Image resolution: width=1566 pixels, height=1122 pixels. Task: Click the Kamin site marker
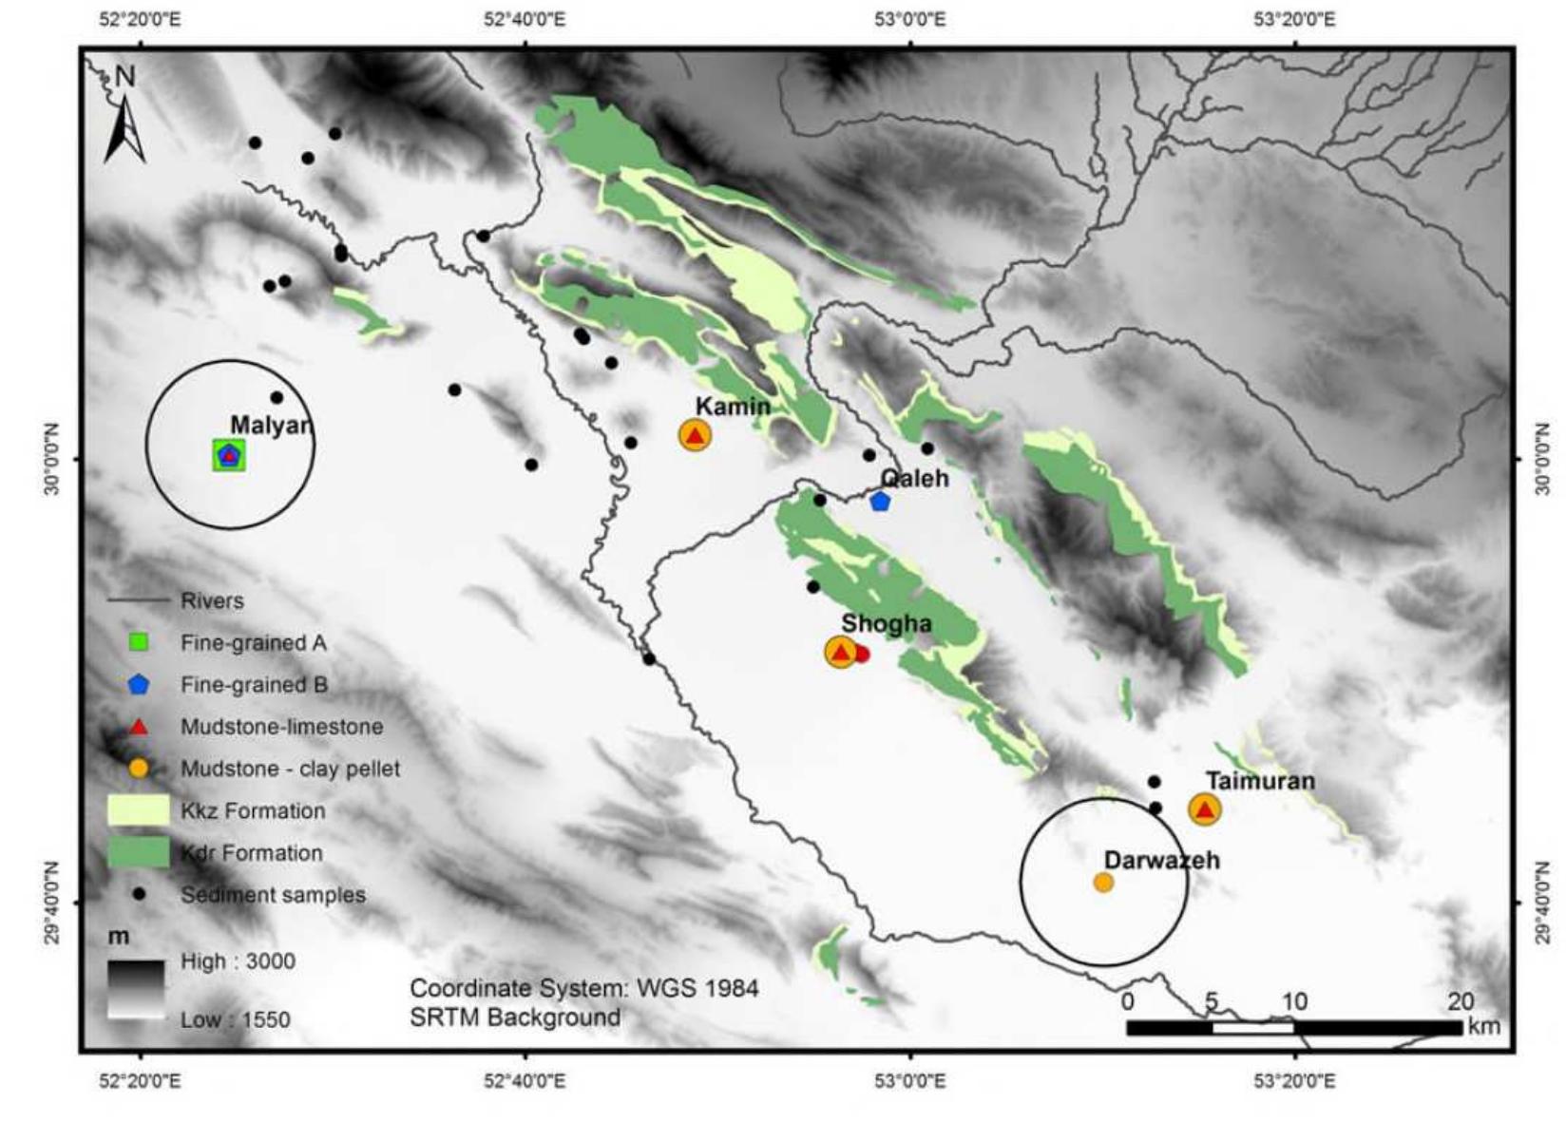696,435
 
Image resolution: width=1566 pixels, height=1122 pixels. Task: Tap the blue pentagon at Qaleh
880,501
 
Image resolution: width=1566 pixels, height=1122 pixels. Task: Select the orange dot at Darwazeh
1103,883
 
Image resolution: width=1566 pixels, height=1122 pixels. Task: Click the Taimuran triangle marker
1205,810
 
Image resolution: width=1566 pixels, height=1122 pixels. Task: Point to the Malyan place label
271,425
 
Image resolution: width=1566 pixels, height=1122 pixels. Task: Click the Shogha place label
886,623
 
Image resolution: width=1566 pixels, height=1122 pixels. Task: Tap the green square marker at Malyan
228,456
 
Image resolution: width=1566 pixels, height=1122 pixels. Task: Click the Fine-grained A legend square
139,643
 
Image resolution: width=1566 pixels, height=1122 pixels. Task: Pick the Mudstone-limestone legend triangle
139,727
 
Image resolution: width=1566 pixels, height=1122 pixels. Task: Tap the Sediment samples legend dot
139,894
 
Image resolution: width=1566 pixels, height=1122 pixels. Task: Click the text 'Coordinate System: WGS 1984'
583,988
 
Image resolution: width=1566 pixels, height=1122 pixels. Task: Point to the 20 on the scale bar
1460,1000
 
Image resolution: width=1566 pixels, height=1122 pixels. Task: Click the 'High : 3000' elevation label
238,961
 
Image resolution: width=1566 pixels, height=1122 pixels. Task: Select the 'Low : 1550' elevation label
236,1020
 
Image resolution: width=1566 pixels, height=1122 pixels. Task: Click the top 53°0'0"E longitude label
911,18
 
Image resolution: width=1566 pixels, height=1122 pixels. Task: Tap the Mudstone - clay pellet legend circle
139,769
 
